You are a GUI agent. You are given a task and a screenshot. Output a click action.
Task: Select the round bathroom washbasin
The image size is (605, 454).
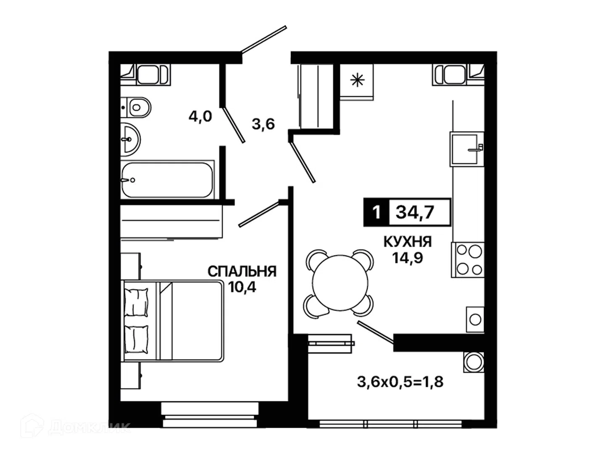tap(130, 140)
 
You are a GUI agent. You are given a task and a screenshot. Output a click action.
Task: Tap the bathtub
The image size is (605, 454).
tap(167, 180)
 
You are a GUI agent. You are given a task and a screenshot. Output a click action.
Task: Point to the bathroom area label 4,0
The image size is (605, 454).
tap(200, 116)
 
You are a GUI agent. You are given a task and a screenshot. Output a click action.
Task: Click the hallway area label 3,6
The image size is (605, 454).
tap(263, 124)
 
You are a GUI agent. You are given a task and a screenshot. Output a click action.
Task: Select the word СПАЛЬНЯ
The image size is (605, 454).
tap(242, 272)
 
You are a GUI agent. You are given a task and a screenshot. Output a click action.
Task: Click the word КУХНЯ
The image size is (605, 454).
tap(408, 242)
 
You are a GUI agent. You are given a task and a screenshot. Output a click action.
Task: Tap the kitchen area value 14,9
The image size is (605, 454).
tap(408, 258)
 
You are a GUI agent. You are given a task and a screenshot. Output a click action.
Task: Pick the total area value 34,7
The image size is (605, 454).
tap(415, 213)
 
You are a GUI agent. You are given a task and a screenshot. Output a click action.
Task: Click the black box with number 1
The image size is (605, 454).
tap(376, 212)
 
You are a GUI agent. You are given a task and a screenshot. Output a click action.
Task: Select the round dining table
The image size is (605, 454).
tap(340, 283)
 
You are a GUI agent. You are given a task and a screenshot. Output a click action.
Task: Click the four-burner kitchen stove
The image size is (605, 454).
tap(468, 260)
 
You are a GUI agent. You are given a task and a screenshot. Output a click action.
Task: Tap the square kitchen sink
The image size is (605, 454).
tap(467, 149)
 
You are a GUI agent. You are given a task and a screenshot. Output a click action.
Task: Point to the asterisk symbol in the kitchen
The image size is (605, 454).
tap(357, 80)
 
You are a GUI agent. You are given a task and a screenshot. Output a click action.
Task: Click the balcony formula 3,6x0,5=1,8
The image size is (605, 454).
tap(400, 382)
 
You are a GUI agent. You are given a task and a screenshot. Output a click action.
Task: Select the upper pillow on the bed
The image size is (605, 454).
tap(136, 302)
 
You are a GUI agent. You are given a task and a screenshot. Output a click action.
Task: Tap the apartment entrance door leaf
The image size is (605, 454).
tap(264, 39)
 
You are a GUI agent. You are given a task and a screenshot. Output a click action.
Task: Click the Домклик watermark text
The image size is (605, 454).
tap(89, 428)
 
